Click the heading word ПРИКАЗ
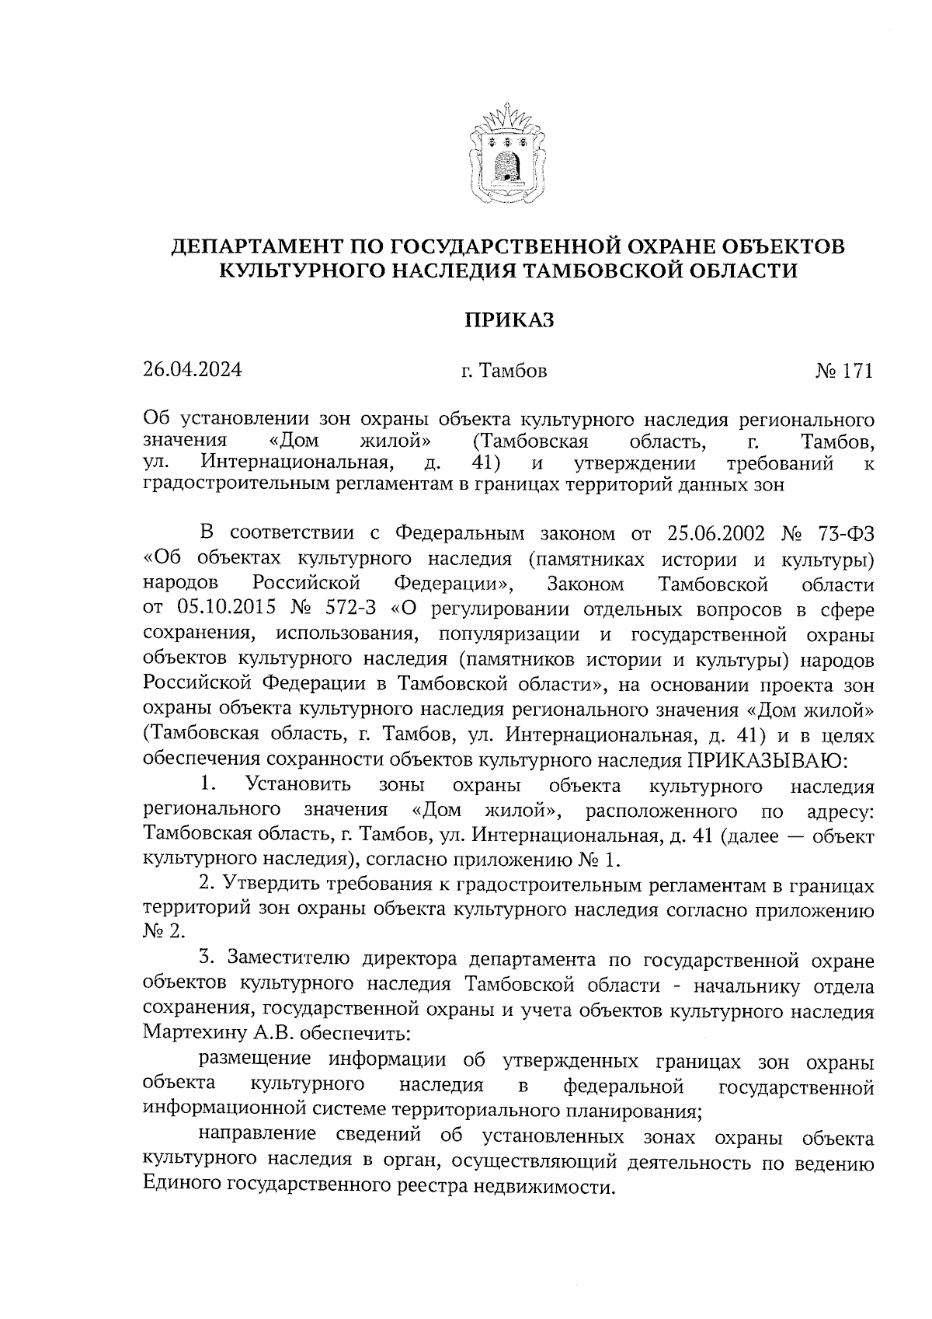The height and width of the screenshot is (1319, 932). (509, 319)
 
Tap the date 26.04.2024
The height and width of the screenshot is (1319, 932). (193, 370)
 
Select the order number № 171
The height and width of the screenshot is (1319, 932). (844, 371)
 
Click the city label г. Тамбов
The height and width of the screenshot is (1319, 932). (504, 371)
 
